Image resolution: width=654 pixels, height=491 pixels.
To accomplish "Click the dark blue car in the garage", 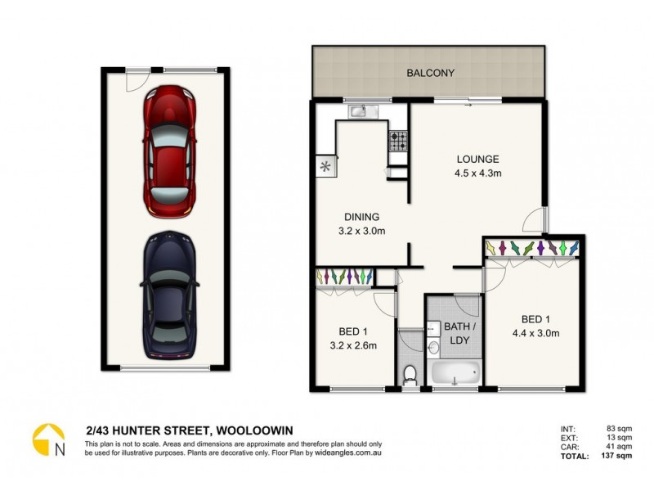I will pos(170,298).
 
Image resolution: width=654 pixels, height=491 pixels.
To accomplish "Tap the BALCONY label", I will pos(431,73).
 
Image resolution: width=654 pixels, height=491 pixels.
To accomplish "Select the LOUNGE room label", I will pos(477,159).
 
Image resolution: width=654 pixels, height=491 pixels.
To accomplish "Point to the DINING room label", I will pos(361,217).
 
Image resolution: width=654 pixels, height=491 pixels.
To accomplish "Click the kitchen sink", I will pos(359,111).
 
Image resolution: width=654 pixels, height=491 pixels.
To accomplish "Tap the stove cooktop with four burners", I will pos(397,141).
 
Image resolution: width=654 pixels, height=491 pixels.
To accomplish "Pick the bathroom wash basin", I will pos(433,348).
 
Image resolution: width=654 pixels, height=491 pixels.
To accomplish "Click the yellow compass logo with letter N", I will pos(48,440).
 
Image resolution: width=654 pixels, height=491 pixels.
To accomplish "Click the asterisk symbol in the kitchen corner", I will pos(325,166).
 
